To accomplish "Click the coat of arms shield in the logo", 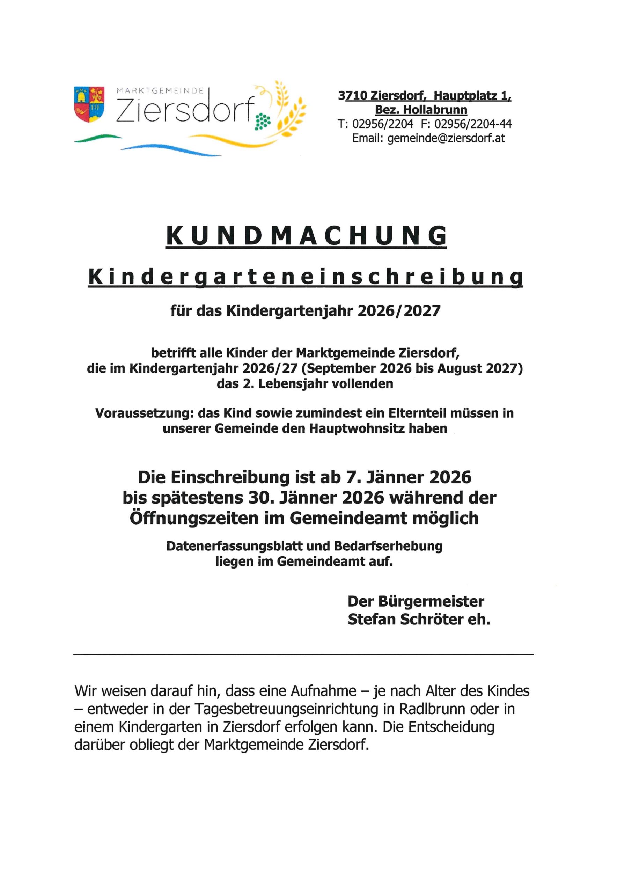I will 89,104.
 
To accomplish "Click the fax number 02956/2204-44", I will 473,124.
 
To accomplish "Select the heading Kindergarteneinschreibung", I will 306,277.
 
